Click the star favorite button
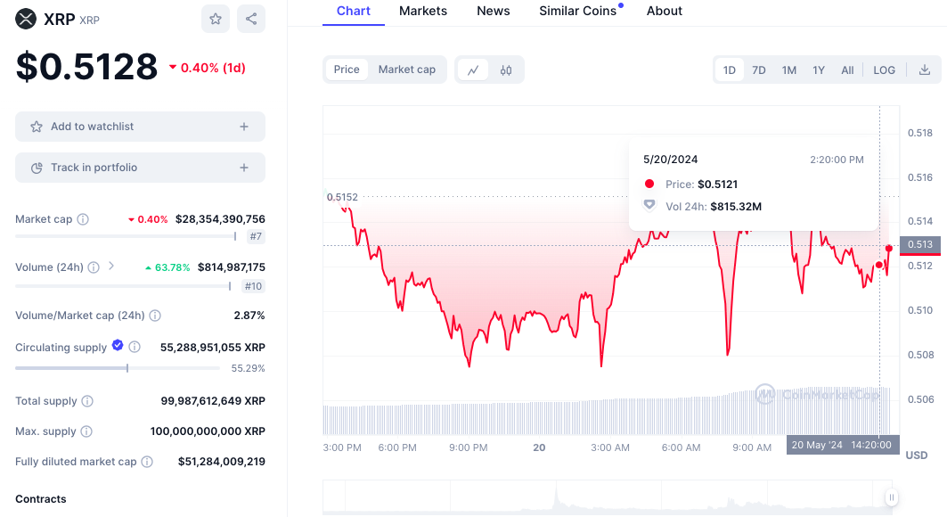pyautogui.click(x=216, y=18)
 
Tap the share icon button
pyautogui.click(x=251, y=18)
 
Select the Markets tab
pyautogui.click(x=423, y=11)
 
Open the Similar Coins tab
pyautogui.click(x=578, y=11)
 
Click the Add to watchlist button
pyautogui.click(x=140, y=127)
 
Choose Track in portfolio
pyautogui.click(x=140, y=168)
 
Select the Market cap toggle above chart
pyautogui.click(x=407, y=70)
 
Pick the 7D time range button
pyautogui.click(x=758, y=70)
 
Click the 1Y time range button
pyautogui.click(x=818, y=70)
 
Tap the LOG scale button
pyautogui.click(x=884, y=70)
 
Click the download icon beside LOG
pyautogui.click(x=925, y=70)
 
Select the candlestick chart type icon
pyautogui.click(x=506, y=70)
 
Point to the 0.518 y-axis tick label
pyautogui.click(x=919, y=133)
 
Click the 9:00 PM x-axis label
pyautogui.click(x=468, y=447)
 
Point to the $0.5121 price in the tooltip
pyautogui.click(x=717, y=185)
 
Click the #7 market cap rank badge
pyautogui.click(x=256, y=236)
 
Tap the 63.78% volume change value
pyautogui.click(x=167, y=267)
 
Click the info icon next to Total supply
pyautogui.click(x=87, y=401)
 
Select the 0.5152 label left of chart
pyautogui.click(x=342, y=197)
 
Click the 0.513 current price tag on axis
pyautogui.click(x=919, y=244)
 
